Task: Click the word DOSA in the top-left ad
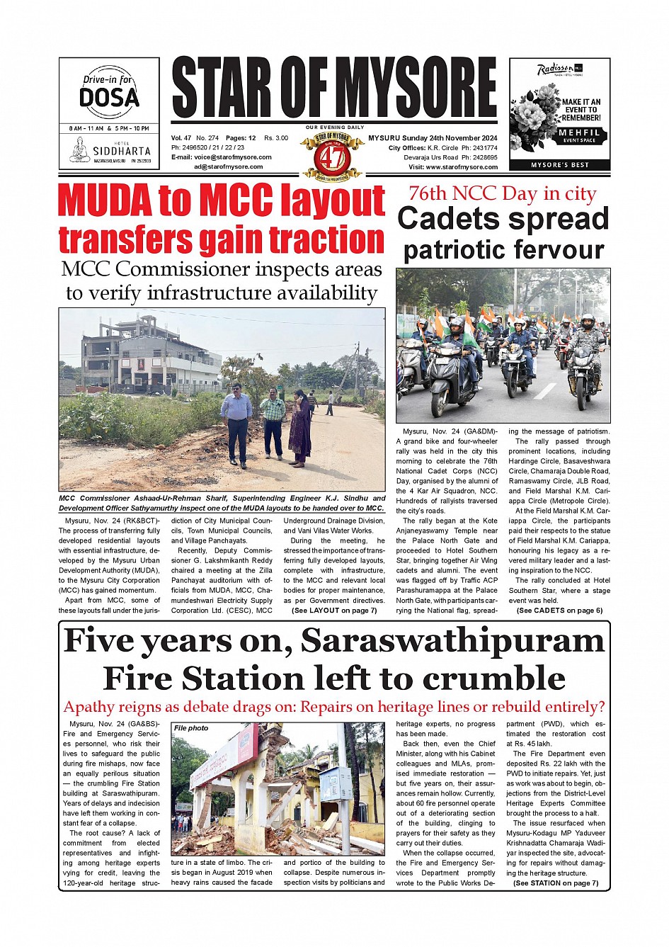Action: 109,96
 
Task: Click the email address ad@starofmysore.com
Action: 229,167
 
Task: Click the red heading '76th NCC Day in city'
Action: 503,193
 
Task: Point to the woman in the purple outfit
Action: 299,429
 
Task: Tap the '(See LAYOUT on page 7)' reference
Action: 334,610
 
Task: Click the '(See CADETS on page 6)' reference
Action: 559,610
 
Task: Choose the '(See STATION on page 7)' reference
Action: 556,883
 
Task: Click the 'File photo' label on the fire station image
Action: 191,727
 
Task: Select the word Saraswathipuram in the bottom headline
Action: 453,640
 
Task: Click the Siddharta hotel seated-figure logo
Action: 80,150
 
